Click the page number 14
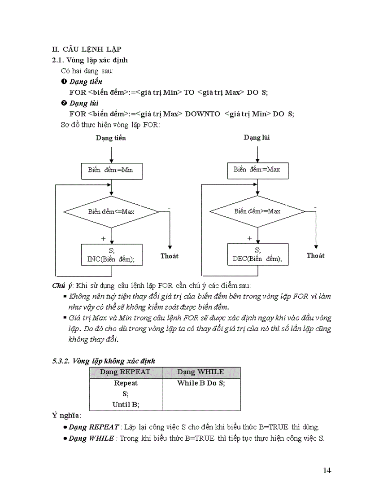tap(327, 470)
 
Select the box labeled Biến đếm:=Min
tap(111, 171)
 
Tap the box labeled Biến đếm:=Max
tap(257, 170)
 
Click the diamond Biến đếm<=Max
tap(111, 211)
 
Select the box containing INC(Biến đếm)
tap(111, 255)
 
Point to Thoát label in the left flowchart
tap(169, 256)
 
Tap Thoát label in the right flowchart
tap(315, 255)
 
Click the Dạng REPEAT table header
tap(125, 372)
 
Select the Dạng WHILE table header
tap(200, 372)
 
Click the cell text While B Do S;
tap(200, 383)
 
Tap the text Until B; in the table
tap(126, 404)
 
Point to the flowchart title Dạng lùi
tap(257, 137)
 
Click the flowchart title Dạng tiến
tap(111, 138)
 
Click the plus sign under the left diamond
tap(104, 238)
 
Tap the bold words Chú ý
tap(62, 286)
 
